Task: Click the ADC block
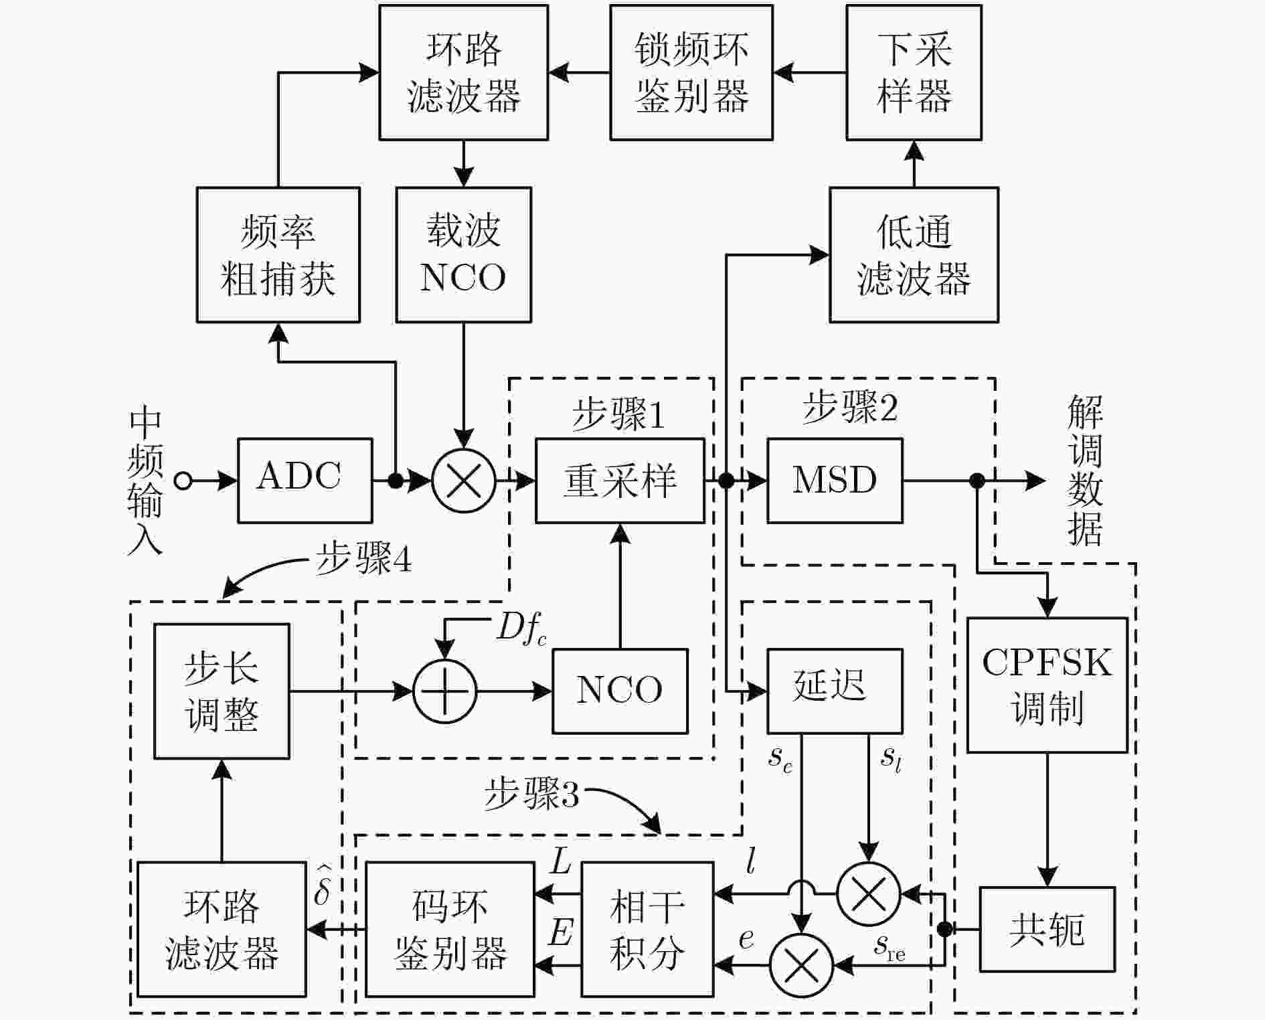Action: [305, 481]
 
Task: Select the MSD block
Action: [835, 481]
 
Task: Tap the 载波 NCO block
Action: [464, 255]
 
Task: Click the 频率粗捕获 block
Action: [278, 255]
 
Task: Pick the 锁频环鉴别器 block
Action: [691, 72]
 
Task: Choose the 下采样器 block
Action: [914, 72]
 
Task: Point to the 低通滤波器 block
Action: [914, 255]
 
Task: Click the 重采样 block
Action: [620, 481]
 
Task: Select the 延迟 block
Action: [835, 691]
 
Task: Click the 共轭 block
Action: [1047, 930]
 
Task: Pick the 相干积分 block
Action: [648, 930]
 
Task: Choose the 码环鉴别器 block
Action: [450, 930]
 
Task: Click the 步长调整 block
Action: [222, 691]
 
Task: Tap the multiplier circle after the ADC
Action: [464, 481]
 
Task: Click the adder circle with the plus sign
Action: [445, 691]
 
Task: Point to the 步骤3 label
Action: [531, 795]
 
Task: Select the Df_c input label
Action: [521, 629]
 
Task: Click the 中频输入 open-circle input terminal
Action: [183, 481]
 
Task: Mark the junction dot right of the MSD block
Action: [977, 481]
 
